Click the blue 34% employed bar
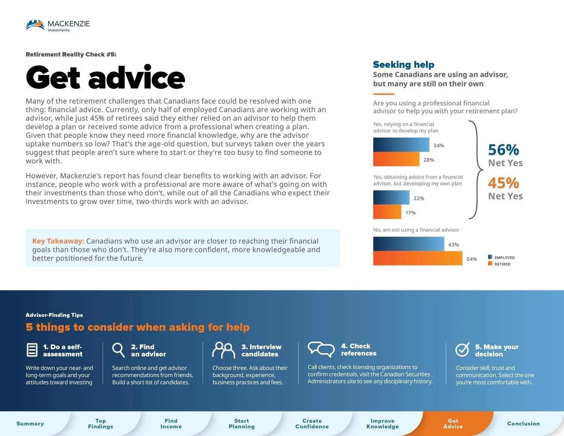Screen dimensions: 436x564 401,145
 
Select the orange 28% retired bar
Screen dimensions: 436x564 396,159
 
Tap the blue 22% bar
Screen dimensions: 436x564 391,197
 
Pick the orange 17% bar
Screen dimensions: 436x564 387,212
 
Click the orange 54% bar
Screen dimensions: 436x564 417,258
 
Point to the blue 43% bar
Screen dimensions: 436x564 408,244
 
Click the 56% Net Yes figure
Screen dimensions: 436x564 504,150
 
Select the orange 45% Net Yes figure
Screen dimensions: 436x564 504,183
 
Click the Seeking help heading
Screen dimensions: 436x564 403,65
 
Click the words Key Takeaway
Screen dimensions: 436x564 58,241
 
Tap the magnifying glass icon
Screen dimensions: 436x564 118,350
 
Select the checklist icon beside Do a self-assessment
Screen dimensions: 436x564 32,350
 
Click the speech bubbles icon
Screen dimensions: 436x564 321,349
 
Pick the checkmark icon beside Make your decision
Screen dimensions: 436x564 462,349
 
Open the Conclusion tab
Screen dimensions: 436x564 523,424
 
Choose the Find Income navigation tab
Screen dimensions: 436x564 171,424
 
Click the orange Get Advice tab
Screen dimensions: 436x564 453,424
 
